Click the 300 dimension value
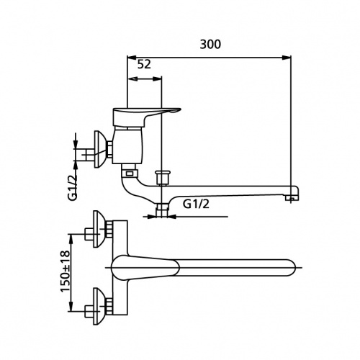[x=210, y=45]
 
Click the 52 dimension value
[x=144, y=64]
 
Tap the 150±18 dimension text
[x=66, y=271]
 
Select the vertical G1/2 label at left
[x=73, y=187]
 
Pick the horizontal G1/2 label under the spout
[x=196, y=204]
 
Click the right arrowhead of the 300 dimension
[x=287, y=58]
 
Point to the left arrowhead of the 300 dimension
[x=132, y=58]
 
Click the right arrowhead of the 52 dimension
[x=157, y=78]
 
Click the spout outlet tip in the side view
[x=291, y=198]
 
